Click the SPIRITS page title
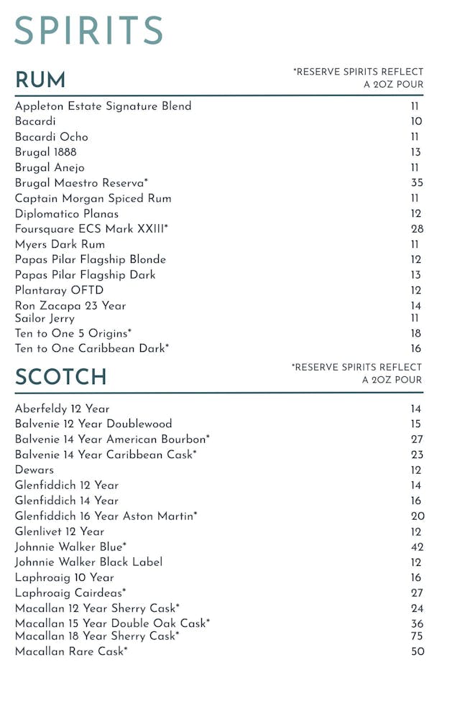point(88,31)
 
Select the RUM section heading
point(40,80)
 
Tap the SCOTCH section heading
point(60,377)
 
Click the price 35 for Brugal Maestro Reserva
point(417,183)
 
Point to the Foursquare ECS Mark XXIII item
point(91,229)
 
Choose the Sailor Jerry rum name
point(45,318)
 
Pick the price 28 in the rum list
point(417,229)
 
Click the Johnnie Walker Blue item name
point(70,547)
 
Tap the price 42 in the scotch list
point(417,547)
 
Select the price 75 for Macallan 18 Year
point(417,636)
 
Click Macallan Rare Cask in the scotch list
point(71,651)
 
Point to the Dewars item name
point(34,470)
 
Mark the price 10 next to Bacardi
point(416,121)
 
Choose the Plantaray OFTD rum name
point(59,290)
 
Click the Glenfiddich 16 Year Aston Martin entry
point(106,516)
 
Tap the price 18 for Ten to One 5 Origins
point(416,334)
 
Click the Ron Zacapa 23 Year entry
point(70,306)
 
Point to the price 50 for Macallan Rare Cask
point(417,652)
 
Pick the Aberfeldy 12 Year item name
point(62,409)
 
